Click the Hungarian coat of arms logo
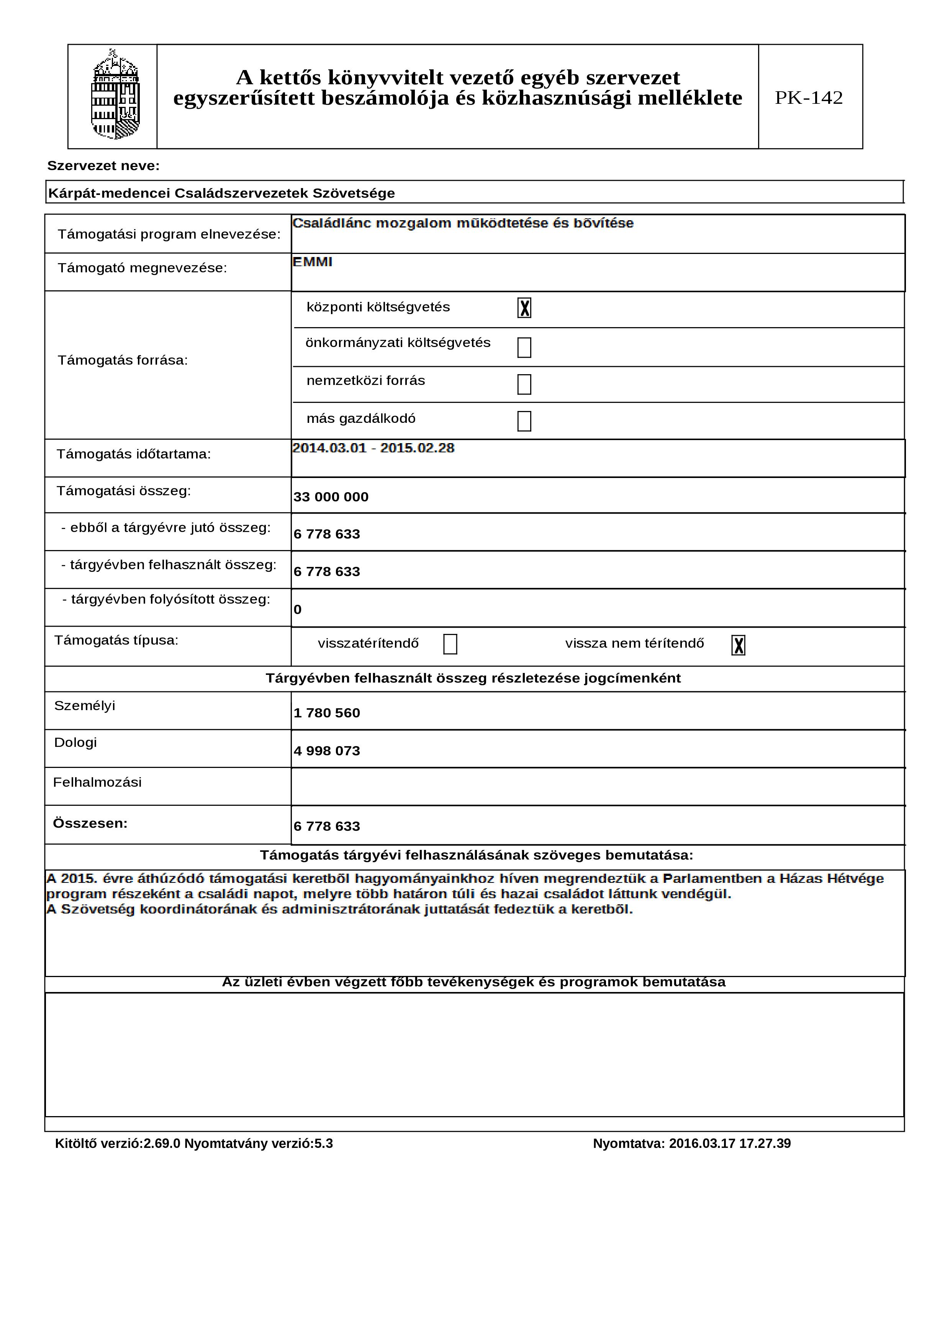coord(115,95)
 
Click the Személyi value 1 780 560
coord(327,713)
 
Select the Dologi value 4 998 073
coord(327,751)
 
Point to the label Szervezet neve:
coord(103,166)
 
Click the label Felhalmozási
coord(97,782)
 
